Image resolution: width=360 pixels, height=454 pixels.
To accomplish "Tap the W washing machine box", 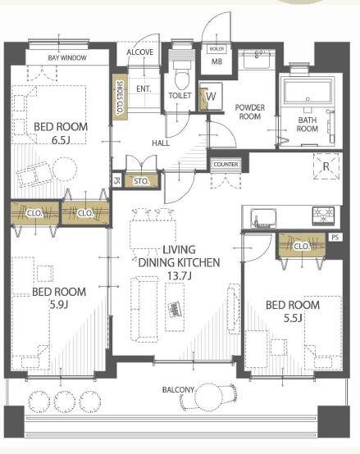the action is pyautogui.click(x=211, y=96).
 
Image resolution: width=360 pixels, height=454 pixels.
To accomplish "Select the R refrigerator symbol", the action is pyautogui.click(x=326, y=166).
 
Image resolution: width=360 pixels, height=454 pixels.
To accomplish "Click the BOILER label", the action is pyautogui.click(x=216, y=49).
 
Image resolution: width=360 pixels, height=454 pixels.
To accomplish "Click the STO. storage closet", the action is pyautogui.click(x=142, y=180).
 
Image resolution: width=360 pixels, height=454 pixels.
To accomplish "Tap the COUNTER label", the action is pyautogui.click(x=226, y=164).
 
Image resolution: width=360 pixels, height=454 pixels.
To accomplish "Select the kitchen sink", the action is pyautogui.click(x=263, y=218).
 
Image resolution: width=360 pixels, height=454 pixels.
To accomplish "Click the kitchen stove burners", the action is pyautogui.click(x=323, y=216).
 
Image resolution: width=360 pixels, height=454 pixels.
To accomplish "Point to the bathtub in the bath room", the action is pyautogui.click(x=308, y=92).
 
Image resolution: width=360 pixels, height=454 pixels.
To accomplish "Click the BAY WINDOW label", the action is pyautogui.click(x=67, y=57).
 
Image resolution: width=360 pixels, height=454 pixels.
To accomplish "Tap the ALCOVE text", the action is pyautogui.click(x=140, y=52).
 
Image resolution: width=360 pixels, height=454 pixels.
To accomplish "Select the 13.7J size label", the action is pyautogui.click(x=180, y=276).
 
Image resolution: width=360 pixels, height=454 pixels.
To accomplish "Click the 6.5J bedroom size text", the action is pyautogui.click(x=61, y=140).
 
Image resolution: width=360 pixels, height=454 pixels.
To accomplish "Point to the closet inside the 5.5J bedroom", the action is pyautogui.click(x=301, y=246).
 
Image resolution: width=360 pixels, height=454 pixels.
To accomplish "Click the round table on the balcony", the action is pyautogui.click(x=207, y=397).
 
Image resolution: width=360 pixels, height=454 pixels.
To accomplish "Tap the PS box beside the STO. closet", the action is pyautogui.click(x=116, y=181).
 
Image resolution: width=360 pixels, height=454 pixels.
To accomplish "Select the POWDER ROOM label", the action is pyautogui.click(x=250, y=112).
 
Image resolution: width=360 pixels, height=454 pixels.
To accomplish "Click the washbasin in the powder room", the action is pyautogui.click(x=257, y=59).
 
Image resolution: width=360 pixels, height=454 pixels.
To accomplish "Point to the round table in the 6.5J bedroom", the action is pyautogui.click(x=65, y=169).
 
